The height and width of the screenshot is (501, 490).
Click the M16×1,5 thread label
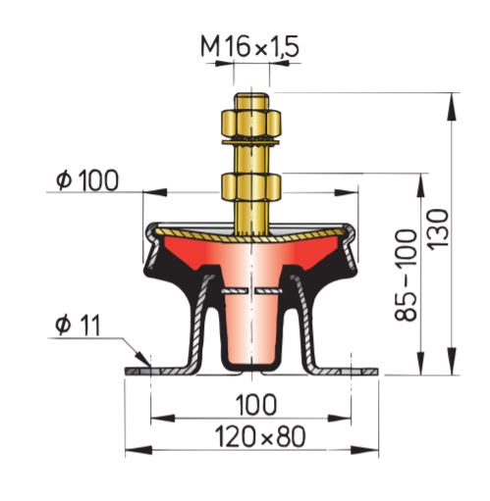[249, 45]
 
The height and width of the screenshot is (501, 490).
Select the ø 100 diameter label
[87, 179]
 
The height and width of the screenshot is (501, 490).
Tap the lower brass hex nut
[252, 186]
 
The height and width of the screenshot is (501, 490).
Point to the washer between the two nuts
[252, 145]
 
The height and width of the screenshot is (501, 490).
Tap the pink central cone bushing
[251, 328]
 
